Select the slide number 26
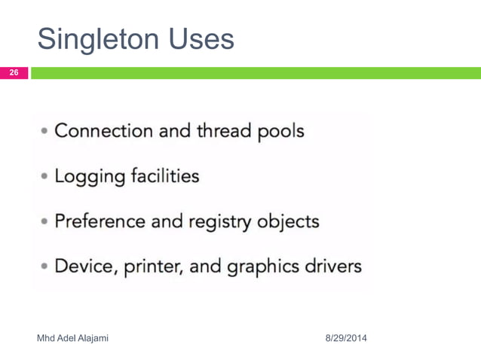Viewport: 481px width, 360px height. (x=14, y=73)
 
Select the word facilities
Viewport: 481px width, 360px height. (x=163, y=176)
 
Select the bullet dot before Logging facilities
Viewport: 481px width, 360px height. (x=47, y=178)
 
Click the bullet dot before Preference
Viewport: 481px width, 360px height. (x=47, y=223)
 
